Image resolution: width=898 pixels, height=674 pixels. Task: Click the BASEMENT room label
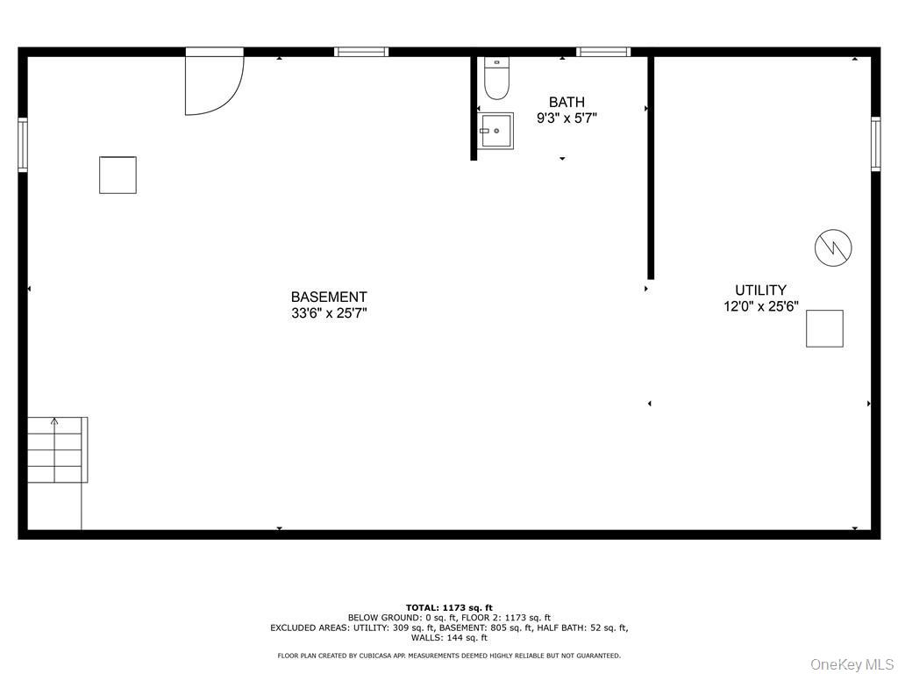tap(329, 297)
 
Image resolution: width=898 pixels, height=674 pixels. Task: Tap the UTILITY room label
tap(760, 290)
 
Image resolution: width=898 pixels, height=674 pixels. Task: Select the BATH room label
tap(567, 102)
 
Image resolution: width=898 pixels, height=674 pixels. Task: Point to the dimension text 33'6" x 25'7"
tap(329, 313)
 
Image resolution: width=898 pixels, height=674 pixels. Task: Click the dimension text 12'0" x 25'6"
tap(761, 306)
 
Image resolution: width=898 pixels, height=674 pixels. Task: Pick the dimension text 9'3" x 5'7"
tap(567, 118)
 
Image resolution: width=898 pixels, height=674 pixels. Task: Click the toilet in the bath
tap(496, 78)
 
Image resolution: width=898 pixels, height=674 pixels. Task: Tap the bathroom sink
tap(495, 131)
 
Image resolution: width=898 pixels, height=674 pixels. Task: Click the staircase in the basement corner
tap(57, 449)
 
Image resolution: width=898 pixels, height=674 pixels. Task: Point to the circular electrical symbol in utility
tap(833, 247)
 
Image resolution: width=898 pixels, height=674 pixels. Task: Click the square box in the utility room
tap(824, 328)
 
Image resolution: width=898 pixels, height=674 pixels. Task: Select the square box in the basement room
tap(118, 175)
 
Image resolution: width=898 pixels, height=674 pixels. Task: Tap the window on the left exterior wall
tap(22, 145)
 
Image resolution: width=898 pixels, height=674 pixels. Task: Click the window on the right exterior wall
tap(876, 143)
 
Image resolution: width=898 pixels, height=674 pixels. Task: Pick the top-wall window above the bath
tap(603, 52)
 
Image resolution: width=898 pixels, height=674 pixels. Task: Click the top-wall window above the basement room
tap(361, 52)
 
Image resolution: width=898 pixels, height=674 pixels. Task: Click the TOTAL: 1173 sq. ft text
tap(449, 607)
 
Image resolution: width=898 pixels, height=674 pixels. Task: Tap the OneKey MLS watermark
tap(852, 664)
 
